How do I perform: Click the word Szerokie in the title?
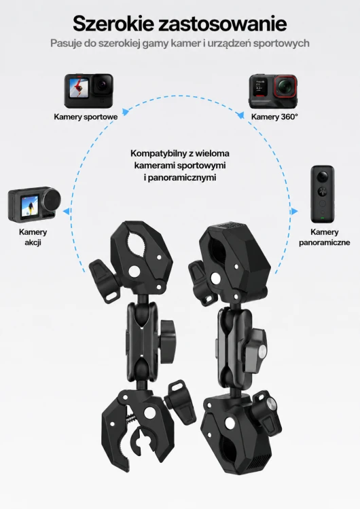click(113, 24)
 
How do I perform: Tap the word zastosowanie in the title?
click(223, 24)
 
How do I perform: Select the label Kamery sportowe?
click(86, 117)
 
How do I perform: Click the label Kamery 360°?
click(274, 117)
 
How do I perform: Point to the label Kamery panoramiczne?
click(324, 237)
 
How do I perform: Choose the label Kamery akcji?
click(33, 237)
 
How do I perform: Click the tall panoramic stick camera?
click(323, 194)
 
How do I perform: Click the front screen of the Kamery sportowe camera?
click(79, 88)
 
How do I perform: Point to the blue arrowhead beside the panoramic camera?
click(294, 211)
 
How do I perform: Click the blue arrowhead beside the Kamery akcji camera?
click(67, 211)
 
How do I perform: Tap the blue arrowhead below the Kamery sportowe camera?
click(125, 112)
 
